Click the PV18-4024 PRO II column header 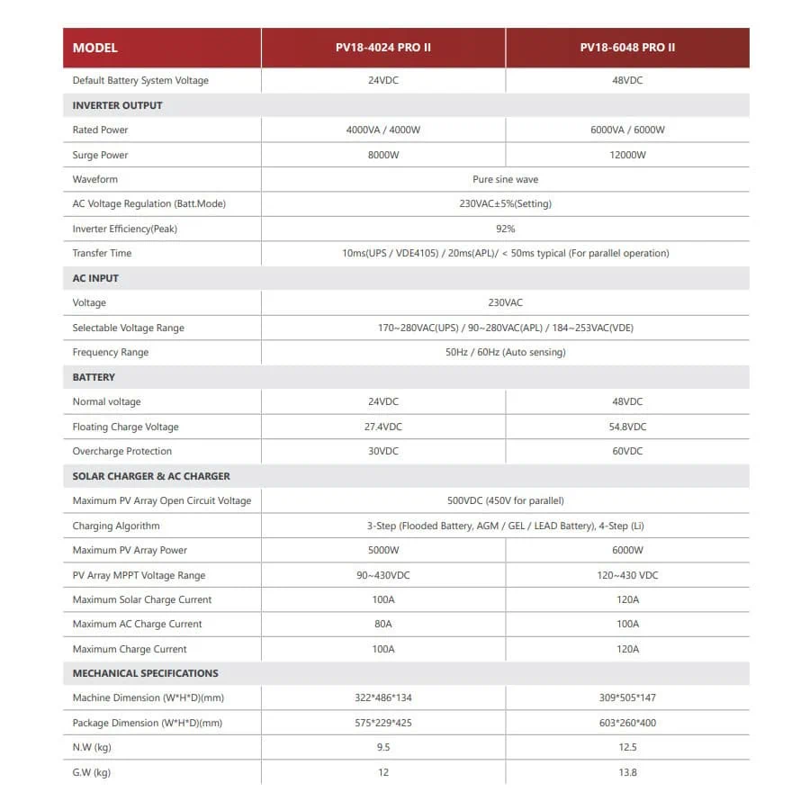click(383, 48)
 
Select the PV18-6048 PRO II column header click(627, 48)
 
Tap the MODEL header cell click(95, 48)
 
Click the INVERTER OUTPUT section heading click(118, 105)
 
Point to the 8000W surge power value click(383, 155)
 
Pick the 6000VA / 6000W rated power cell click(627, 130)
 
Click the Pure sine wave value click(505, 179)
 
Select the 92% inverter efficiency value click(505, 229)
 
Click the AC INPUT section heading click(95, 278)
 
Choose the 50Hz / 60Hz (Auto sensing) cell click(505, 352)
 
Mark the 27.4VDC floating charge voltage click(383, 427)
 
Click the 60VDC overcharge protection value click(627, 451)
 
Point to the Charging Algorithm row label click(116, 526)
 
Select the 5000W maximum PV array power click(383, 550)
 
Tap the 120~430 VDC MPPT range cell click(627, 575)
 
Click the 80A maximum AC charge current click(383, 624)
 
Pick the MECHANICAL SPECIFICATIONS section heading click(146, 673)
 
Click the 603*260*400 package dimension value click(627, 723)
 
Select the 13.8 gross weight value click(627, 772)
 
